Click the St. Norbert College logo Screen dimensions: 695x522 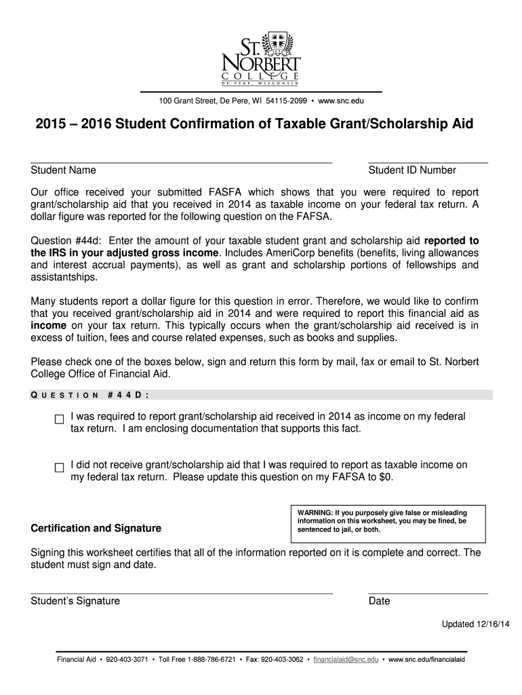260,57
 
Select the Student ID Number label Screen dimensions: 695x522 412,170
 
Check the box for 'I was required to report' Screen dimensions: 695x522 59,419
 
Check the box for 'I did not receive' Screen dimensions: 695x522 59,468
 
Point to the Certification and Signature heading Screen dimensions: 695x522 96,528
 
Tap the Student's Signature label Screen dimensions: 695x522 75,601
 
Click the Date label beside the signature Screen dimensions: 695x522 380,601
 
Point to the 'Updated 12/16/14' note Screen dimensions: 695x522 475,624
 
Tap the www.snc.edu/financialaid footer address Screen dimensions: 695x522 427,659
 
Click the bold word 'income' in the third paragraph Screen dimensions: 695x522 49,325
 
